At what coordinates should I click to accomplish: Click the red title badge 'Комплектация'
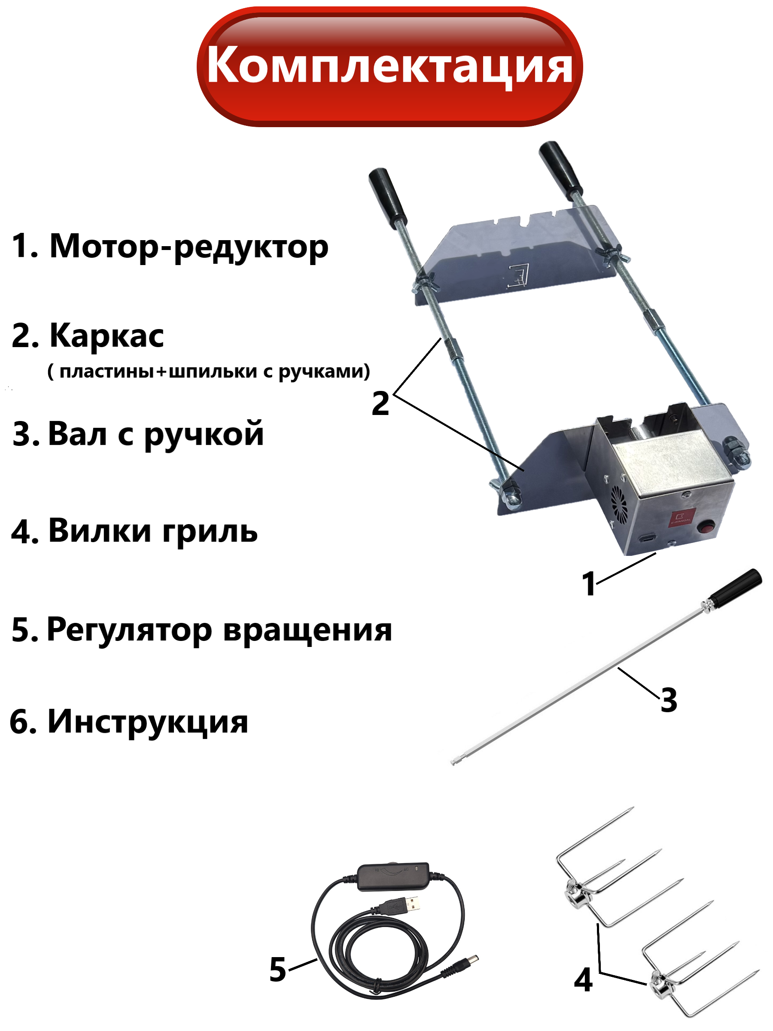pos(390,66)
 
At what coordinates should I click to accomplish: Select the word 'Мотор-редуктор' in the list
pos(189,247)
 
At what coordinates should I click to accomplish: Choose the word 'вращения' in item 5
pos(307,631)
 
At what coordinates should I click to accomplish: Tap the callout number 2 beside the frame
pos(380,404)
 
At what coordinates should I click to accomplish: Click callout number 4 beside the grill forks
pos(583,980)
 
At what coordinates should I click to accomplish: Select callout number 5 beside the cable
pos(278,970)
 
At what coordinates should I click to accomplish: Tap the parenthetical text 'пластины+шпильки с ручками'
pos(209,372)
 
